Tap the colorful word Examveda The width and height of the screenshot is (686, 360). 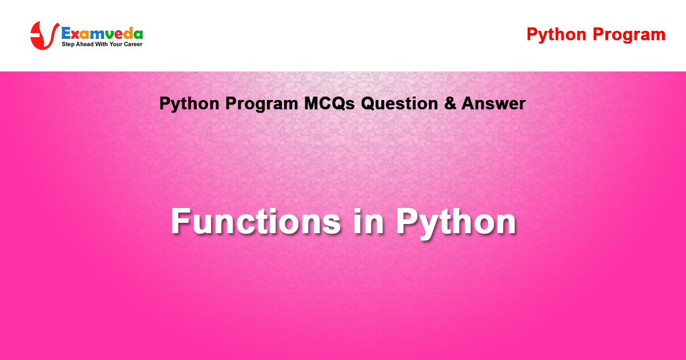pyautogui.click(x=102, y=33)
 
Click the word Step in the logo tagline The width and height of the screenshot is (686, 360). pyautogui.click(x=68, y=45)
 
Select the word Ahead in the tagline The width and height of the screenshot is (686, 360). pyautogui.click(x=85, y=44)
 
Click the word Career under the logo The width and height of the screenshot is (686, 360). pyautogui.click(x=133, y=44)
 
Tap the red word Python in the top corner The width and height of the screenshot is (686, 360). pyautogui.click(x=556, y=35)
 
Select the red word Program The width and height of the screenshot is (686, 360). pyautogui.click(x=629, y=35)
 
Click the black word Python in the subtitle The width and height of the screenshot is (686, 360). pyautogui.click(x=189, y=104)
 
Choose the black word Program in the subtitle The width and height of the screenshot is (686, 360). pyautogui.click(x=262, y=104)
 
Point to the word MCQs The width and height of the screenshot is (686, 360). pyautogui.click(x=329, y=103)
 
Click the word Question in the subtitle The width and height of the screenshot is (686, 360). pyautogui.click(x=400, y=103)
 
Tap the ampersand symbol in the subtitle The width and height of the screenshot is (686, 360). pyautogui.click(x=450, y=103)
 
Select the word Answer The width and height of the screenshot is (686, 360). pyautogui.click(x=494, y=103)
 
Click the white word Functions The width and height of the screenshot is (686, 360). pyautogui.click(x=256, y=221)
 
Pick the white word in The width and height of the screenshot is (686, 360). pyautogui.click(x=368, y=221)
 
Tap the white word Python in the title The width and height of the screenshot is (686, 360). pyautogui.click(x=456, y=223)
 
